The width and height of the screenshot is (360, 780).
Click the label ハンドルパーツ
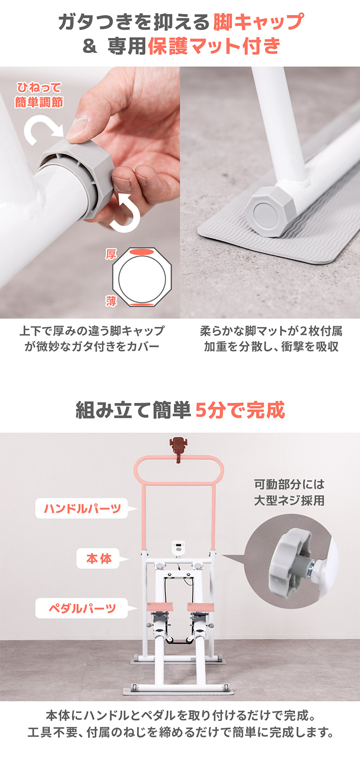82,509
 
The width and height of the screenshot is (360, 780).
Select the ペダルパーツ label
81,608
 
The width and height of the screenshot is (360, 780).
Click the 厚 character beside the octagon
110,254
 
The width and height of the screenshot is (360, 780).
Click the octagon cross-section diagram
142,277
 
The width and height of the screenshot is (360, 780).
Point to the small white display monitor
178,546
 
